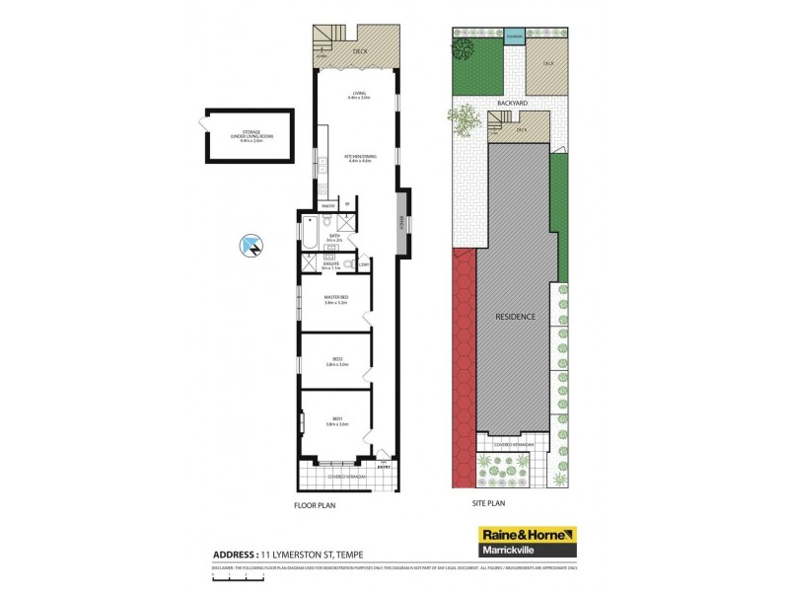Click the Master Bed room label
(336, 300)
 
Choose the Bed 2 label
(336, 361)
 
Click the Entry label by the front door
(385, 467)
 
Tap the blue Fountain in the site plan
(515, 37)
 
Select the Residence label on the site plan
(515, 317)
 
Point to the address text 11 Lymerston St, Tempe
(321, 553)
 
